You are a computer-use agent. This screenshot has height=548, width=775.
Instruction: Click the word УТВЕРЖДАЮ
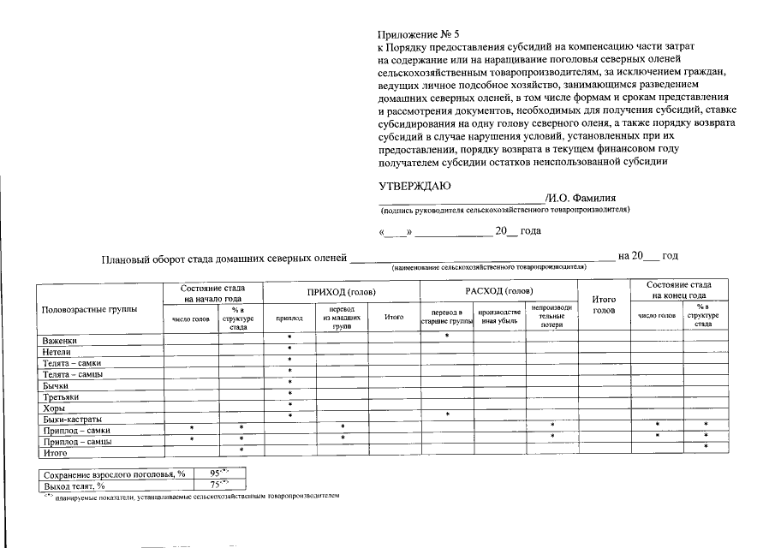tap(415, 186)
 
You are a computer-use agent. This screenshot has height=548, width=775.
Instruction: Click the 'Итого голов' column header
tap(605, 304)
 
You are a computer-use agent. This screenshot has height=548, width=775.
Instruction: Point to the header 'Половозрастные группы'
tap(90, 309)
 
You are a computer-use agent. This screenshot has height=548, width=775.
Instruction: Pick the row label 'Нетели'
tap(57, 352)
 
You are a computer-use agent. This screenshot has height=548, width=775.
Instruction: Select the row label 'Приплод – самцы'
tap(77, 441)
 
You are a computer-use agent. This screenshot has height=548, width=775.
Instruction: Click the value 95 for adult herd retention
tap(215, 473)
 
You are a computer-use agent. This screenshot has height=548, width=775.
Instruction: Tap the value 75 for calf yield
tap(215, 485)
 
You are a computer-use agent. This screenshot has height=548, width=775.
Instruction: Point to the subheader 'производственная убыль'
tap(498, 317)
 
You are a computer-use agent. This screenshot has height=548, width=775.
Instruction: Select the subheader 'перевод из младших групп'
tap(342, 317)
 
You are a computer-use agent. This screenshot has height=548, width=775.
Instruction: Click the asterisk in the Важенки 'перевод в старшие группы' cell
tap(447, 336)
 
